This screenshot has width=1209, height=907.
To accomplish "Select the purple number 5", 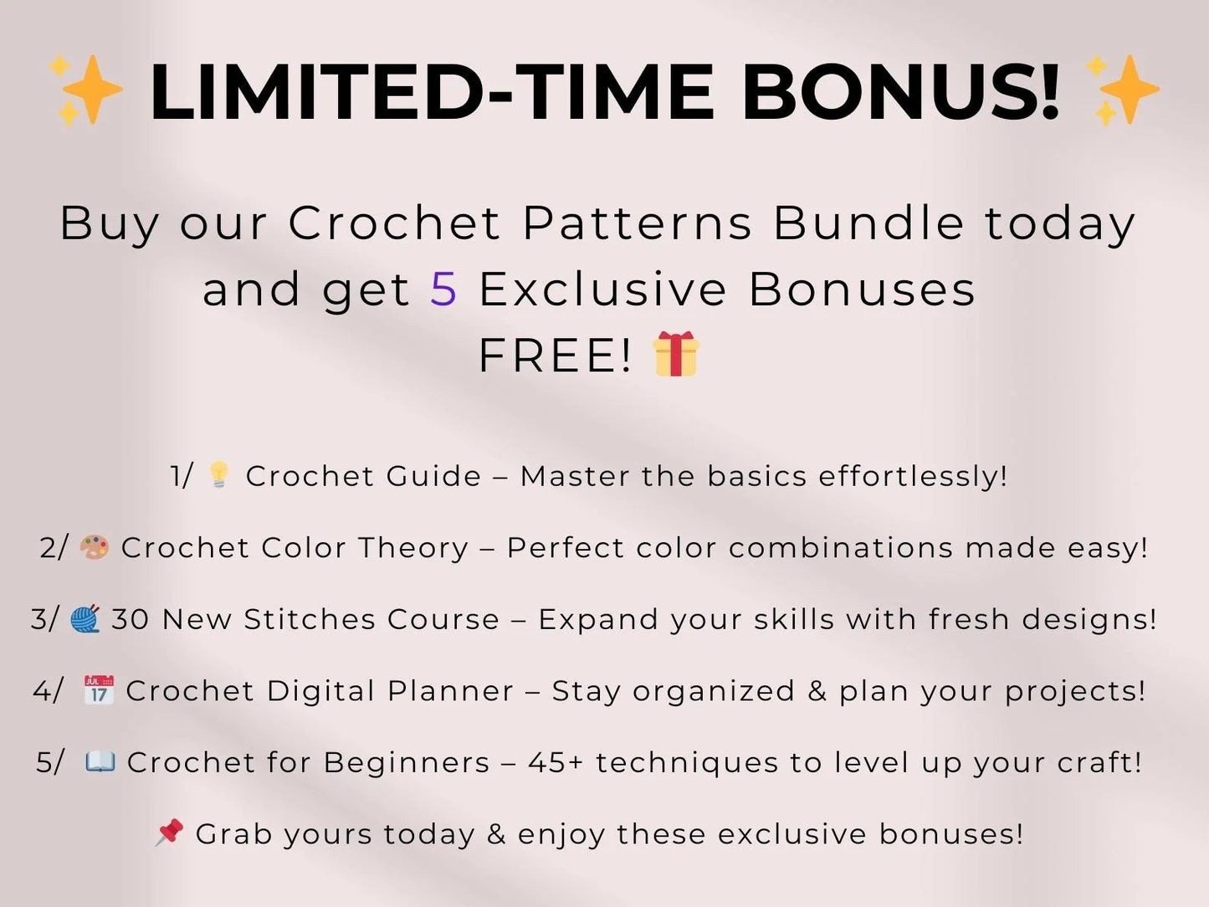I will click(443, 290).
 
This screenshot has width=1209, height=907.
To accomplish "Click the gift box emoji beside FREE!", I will click(676, 354).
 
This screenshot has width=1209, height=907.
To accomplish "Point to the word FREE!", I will click(555, 356).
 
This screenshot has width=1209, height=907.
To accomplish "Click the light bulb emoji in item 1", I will click(218, 474).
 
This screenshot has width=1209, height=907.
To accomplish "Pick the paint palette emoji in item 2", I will click(94, 547).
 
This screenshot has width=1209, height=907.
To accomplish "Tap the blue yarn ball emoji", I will click(85, 618).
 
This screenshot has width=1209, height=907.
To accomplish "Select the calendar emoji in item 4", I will click(99, 690).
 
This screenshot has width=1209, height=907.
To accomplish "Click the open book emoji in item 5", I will click(100, 761).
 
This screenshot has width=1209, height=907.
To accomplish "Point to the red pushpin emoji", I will click(169, 833).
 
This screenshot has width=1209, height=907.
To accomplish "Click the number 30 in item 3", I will click(131, 619).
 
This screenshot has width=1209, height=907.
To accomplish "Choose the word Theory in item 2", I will click(413, 548).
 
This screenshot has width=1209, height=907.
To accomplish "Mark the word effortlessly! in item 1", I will click(913, 476).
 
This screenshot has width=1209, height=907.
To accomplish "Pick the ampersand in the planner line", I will click(817, 691).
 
